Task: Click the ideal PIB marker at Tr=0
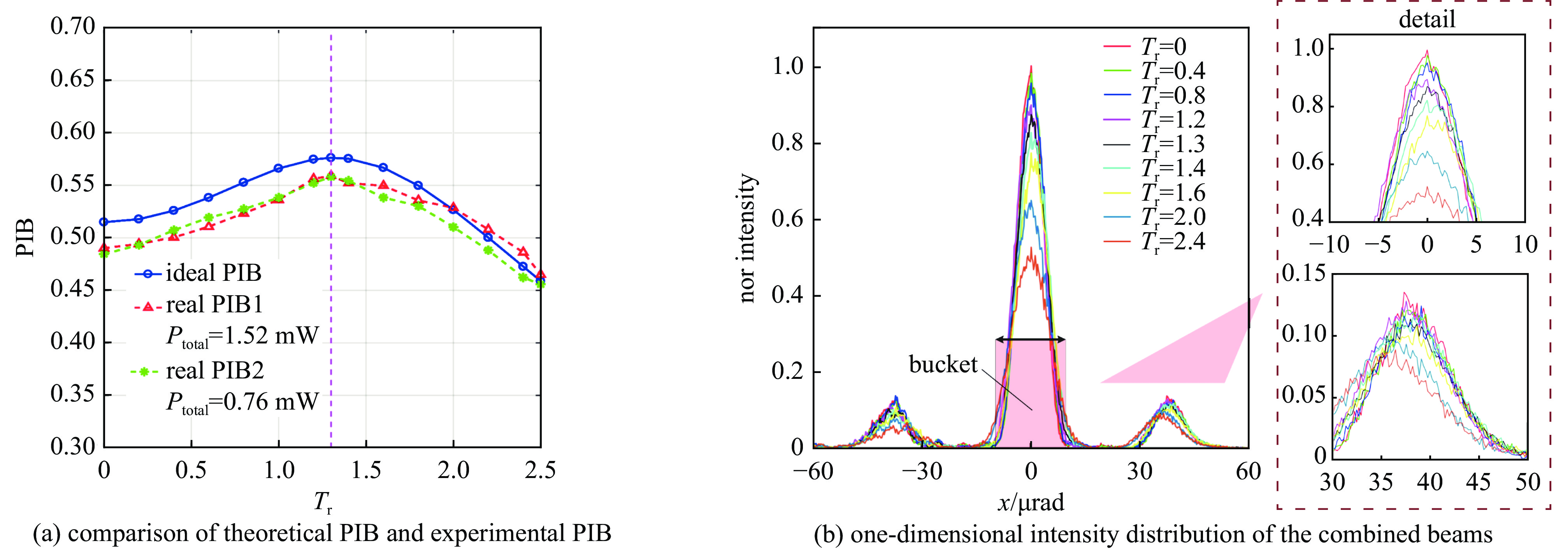coord(104,222)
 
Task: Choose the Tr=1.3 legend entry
coord(1172,144)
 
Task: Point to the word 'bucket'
coord(943,364)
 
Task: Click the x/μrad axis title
coord(1030,503)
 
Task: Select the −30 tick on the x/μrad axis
coord(921,471)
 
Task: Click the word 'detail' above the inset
coord(1426,19)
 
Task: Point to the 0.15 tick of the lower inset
coord(1303,275)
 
